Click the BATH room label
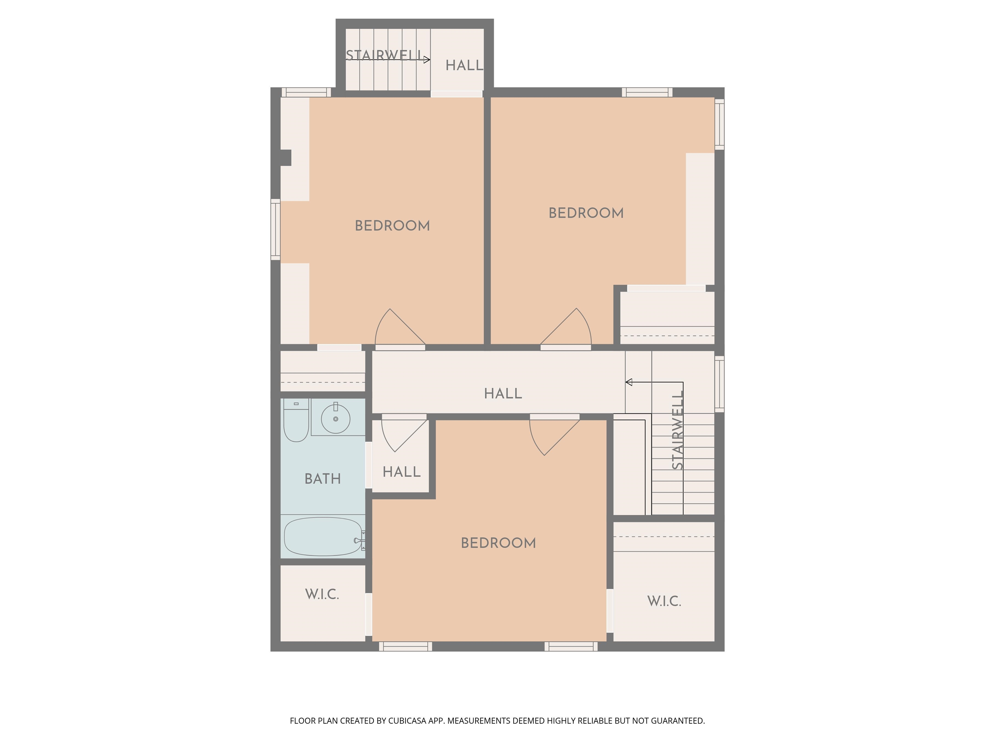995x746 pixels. click(323, 479)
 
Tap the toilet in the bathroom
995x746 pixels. click(296, 421)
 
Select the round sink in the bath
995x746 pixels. click(336, 419)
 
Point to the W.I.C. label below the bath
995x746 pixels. click(322, 594)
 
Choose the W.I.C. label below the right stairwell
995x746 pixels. click(664, 601)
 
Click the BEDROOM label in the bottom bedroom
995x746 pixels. click(498, 543)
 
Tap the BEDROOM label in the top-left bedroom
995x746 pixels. click(392, 226)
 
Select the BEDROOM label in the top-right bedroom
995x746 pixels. click(586, 213)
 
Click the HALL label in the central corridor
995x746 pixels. click(503, 394)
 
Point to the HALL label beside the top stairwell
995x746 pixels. click(464, 66)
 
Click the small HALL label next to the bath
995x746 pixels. click(401, 472)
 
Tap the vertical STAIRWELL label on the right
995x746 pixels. click(678, 430)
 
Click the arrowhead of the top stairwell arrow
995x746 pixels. click(427, 59)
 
